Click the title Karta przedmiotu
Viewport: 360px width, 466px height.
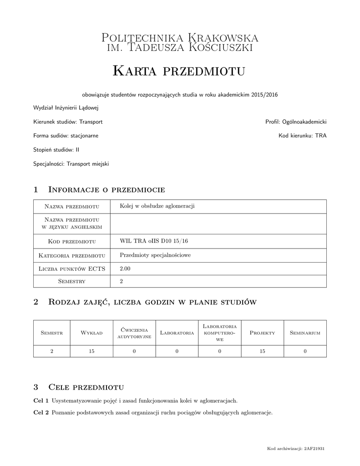179,71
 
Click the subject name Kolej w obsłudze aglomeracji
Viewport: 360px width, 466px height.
157,206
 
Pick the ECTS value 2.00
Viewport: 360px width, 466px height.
125,269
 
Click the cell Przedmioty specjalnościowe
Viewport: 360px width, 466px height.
155,255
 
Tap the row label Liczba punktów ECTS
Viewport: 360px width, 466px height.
72,269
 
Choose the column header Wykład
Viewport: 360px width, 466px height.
91,333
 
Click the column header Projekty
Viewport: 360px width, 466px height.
262,333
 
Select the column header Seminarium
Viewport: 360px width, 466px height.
305,333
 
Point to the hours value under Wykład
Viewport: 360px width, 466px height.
91,351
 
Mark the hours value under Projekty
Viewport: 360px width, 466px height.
262,351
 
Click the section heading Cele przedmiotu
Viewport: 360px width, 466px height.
86,387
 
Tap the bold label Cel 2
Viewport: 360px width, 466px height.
41,413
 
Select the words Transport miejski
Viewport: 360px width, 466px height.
88,163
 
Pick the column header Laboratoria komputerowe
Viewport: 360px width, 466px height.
219,333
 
